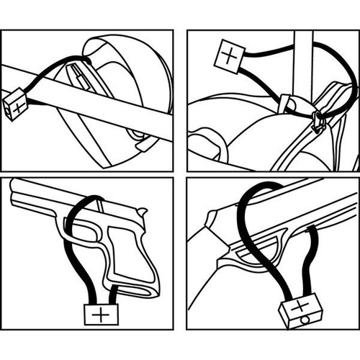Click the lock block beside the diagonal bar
click(14, 105)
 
